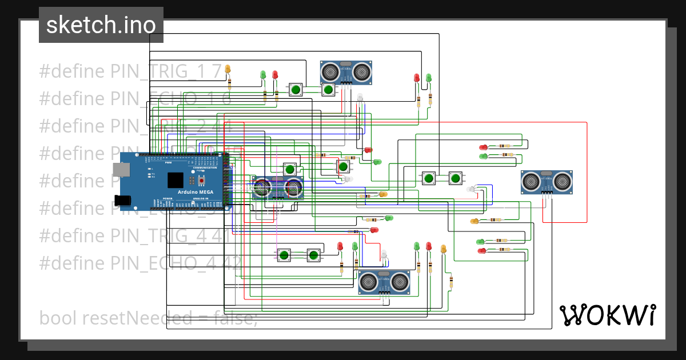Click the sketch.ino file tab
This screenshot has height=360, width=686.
[101, 25]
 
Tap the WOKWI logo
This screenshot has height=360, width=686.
[607, 315]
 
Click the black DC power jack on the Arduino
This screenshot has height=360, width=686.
[122, 200]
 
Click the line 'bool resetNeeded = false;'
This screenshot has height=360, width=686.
[148, 318]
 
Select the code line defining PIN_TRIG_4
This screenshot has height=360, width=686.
[135, 235]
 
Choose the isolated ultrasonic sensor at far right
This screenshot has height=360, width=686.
[547, 182]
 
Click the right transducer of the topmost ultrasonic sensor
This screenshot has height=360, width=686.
[361, 71]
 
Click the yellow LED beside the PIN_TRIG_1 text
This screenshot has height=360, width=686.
[228, 70]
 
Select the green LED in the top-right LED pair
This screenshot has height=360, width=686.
[428, 78]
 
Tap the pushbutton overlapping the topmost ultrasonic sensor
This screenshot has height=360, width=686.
[328, 89]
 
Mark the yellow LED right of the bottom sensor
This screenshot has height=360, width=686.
[443, 249]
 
